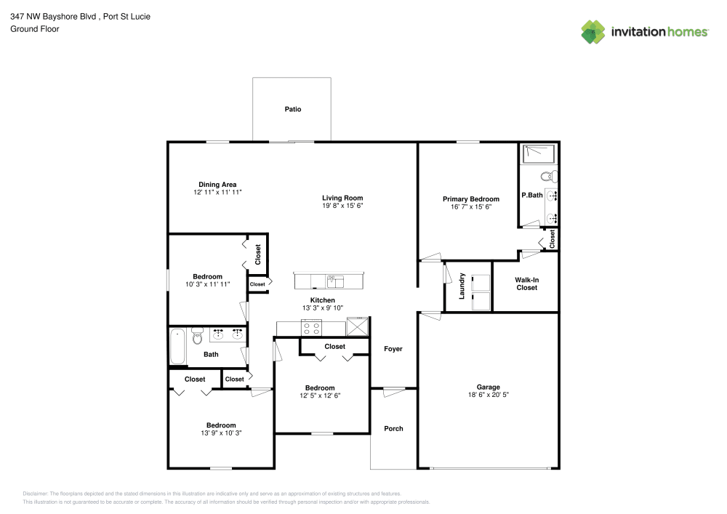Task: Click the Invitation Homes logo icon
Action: pyautogui.click(x=593, y=32)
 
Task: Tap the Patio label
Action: pyautogui.click(x=292, y=109)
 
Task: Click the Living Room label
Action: pyautogui.click(x=342, y=198)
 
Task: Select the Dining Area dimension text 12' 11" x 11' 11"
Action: pyautogui.click(x=217, y=193)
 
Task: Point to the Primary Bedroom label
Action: pyautogui.click(x=471, y=199)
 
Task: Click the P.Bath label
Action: pyautogui.click(x=531, y=195)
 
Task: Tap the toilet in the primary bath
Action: pyautogui.click(x=549, y=176)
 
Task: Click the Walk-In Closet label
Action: pyautogui.click(x=526, y=284)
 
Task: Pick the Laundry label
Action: pyautogui.click(x=462, y=286)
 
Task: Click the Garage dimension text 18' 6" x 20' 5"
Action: pyautogui.click(x=488, y=395)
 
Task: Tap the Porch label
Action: pyautogui.click(x=393, y=428)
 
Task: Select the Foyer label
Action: pyautogui.click(x=393, y=349)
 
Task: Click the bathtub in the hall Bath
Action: pyautogui.click(x=177, y=348)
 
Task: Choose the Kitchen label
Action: pyautogui.click(x=323, y=300)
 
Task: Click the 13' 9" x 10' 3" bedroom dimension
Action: pyautogui.click(x=220, y=433)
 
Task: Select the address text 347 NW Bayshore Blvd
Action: pyautogui.click(x=52, y=16)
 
